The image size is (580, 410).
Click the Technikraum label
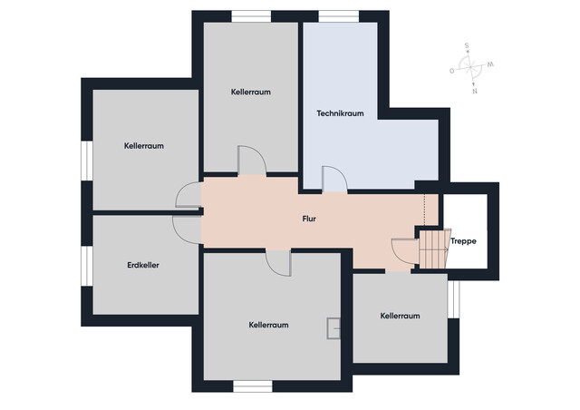(340, 113)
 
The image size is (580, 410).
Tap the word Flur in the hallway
(309, 219)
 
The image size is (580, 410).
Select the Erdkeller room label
(144, 265)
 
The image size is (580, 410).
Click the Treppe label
(463, 241)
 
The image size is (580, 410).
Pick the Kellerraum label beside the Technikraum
(250, 92)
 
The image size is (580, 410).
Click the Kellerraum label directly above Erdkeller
(144, 145)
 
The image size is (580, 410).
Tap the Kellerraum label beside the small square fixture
(268, 324)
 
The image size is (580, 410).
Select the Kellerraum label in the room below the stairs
(400, 316)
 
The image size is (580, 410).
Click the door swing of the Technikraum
(333, 180)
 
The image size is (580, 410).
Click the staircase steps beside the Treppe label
(433, 248)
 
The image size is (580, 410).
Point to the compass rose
(470, 67)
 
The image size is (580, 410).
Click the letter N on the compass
(474, 91)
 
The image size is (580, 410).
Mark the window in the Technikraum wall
(339, 15)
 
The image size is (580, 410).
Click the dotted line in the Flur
(424, 210)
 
